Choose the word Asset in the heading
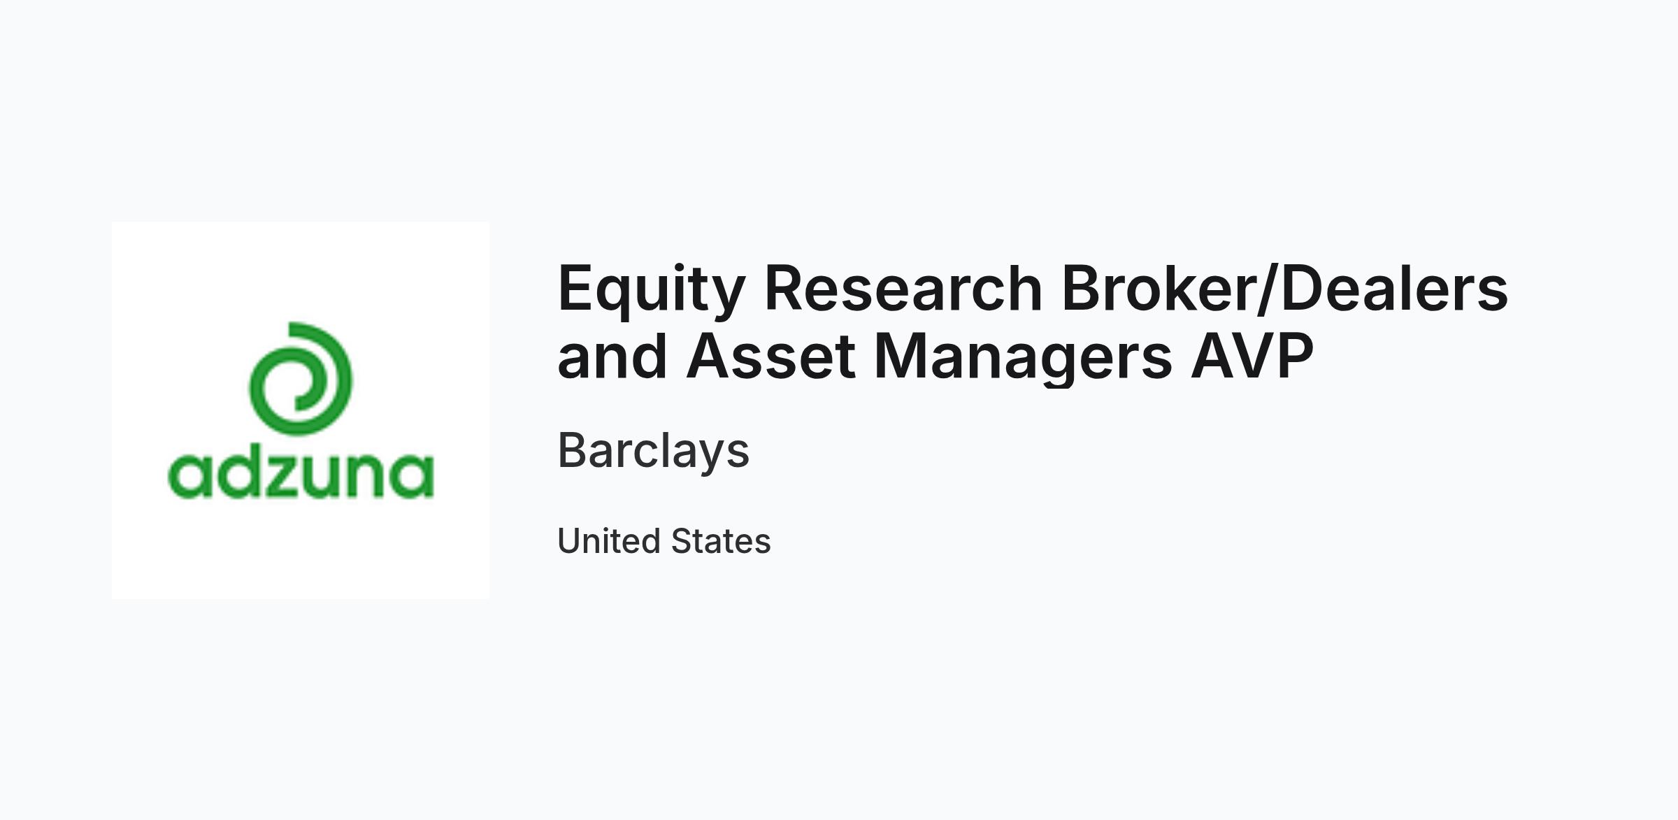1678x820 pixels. click(x=771, y=356)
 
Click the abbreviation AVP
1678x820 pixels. click(x=1252, y=356)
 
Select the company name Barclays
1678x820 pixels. click(x=654, y=452)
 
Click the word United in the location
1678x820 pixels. click(x=609, y=541)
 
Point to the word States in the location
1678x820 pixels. click(x=721, y=541)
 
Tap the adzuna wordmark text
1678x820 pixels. click(x=301, y=475)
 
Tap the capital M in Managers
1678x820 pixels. click(x=902, y=356)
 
